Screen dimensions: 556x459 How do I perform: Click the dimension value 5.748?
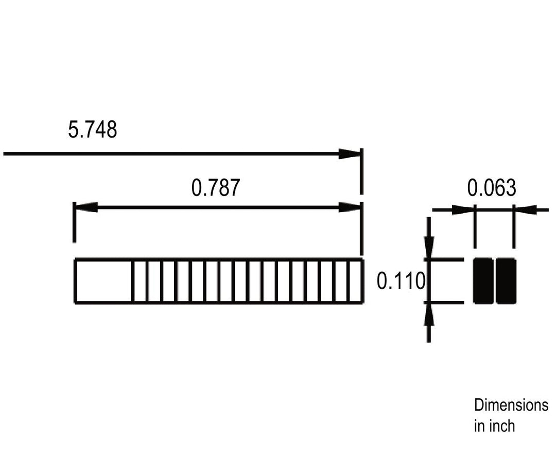point(92,129)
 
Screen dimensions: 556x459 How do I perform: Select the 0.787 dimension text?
point(216,187)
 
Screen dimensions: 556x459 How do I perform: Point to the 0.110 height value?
point(401,281)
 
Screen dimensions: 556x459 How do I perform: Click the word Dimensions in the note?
point(511,405)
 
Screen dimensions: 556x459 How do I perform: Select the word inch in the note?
point(502,426)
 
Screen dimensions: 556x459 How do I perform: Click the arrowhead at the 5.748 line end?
point(350,154)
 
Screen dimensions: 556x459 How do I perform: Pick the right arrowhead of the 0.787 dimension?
point(350,207)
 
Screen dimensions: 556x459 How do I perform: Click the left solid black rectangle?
point(483,281)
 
